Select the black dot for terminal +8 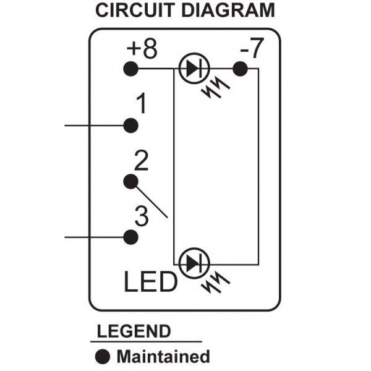130,69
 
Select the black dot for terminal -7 240,69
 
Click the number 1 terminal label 141,105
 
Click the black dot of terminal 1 130,126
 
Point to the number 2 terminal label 141,162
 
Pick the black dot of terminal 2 130,181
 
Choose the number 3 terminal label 141,218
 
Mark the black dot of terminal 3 130,237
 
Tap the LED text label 150,283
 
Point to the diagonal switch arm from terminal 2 151,202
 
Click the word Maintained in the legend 163,356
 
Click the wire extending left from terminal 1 93,126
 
